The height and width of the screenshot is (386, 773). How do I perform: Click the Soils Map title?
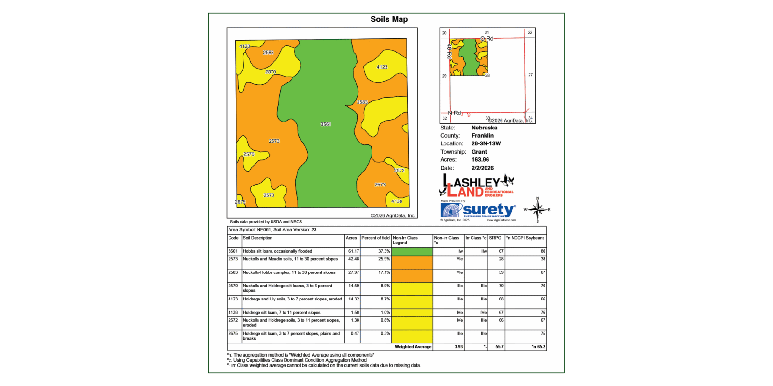pyautogui.click(x=389, y=19)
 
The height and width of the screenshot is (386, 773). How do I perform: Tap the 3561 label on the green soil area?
pyautogui.click(x=326, y=124)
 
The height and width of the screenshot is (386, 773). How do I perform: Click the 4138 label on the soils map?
pyautogui.click(x=397, y=201)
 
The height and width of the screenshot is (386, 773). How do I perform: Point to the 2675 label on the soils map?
pyautogui.click(x=240, y=202)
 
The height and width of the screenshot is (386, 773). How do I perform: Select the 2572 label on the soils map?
pyautogui.click(x=399, y=171)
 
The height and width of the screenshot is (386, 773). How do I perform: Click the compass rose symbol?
pyautogui.click(x=537, y=210)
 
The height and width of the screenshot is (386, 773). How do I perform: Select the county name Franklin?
pyautogui.click(x=482, y=136)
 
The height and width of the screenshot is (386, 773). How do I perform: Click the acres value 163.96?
pyautogui.click(x=480, y=160)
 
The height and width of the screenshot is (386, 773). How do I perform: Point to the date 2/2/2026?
pyautogui.click(x=482, y=168)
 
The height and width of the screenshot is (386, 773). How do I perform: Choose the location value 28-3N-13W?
pyautogui.click(x=486, y=143)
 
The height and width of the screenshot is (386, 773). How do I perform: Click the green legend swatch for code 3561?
pyautogui.click(x=412, y=251)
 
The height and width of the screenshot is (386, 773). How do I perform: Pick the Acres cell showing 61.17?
pyautogui.click(x=354, y=251)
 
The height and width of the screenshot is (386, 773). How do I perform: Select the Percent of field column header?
pyautogui.click(x=375, y=238)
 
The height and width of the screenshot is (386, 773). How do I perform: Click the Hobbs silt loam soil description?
pyautogui.click(x=277, y=251)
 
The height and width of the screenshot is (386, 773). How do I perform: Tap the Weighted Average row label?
pyautogui.click(x=413, y=347)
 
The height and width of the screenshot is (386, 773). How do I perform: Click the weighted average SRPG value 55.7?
pyautogui.click(x=499, y=347)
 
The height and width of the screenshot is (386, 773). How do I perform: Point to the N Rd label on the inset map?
pyautogui.click(x=454, y=113)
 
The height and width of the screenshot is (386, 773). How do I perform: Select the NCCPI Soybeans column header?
pyautogui.click(x=525, y=238)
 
